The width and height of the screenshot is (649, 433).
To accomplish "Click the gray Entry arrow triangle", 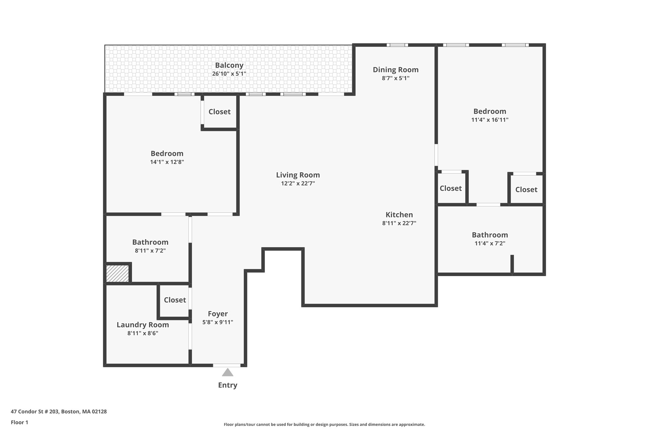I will coord(228,373).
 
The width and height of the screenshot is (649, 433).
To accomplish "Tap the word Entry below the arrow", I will coord(228,385).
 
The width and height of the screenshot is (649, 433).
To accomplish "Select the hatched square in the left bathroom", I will coord(117,273).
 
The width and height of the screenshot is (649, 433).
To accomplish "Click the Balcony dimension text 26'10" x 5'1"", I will coord(229,74).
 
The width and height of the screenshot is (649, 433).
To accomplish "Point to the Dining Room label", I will coord(395,70).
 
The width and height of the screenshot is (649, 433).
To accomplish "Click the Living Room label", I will coord(298,175).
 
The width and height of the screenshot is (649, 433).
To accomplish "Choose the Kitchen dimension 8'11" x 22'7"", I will coord(399,223).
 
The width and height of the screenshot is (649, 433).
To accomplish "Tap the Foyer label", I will coord(218,314).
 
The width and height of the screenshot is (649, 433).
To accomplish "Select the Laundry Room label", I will coord(143,325).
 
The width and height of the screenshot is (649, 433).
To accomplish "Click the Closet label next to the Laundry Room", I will coord(175,300).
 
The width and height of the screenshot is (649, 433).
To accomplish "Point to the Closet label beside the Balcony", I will coord(219,112).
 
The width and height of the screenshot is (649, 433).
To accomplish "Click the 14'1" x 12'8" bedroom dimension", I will coord(167,162).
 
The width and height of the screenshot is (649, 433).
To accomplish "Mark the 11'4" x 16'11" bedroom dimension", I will coord(490,120).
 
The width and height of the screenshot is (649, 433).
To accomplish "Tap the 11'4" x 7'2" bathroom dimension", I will coord(490,244).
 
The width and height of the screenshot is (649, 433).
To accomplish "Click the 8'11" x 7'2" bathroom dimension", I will coord(150,251).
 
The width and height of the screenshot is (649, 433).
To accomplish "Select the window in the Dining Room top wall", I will coord(397,45).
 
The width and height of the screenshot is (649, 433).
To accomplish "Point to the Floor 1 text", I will coord(19,423).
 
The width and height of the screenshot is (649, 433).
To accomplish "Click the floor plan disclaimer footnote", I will coord(324,424).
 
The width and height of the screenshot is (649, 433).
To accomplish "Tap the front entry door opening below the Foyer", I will coord(227,365).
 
